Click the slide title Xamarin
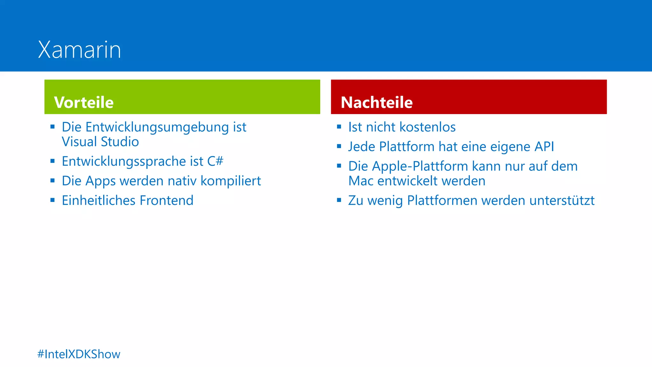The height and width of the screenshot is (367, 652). (x=80, y=50)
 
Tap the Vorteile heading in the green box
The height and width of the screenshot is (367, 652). (x=84, y=103)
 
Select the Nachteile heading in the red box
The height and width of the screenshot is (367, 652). (x=377, y=103)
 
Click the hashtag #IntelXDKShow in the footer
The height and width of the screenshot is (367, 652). (x=79, y=354)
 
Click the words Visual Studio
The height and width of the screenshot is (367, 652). (x=100, y=142)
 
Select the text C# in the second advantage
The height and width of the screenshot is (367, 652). (x=215, y=161)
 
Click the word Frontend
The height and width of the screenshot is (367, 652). (x=167, y=200)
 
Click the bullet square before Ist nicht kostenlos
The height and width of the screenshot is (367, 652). (x=339, y=127)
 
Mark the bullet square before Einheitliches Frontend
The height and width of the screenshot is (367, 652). (x=53, y=200)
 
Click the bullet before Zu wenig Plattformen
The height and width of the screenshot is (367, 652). (x=339, y=200)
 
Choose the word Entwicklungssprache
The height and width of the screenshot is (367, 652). (x=124, y=162)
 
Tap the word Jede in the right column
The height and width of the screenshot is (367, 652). (x=362, y=147)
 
